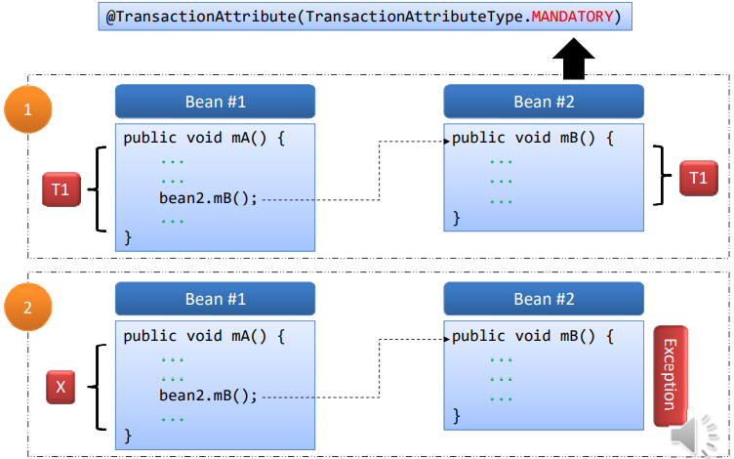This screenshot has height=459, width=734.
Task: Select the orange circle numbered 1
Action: tap(27, 110)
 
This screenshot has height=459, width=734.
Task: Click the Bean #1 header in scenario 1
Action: tap(215, 102)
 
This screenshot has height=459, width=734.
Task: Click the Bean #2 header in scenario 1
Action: tap(544, 102)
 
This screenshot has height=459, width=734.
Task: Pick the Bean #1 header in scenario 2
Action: tap(215, 299)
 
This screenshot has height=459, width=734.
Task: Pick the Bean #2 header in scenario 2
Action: tap(544, 299)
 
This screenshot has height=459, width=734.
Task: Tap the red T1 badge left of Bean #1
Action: tap(61, 189)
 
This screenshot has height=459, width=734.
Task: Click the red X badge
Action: tap(61, 388)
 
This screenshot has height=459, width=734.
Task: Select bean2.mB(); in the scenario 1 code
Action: tap(208, 198)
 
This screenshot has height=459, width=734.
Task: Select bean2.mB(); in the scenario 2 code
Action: tap(208, 396)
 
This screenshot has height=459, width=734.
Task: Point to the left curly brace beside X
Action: tap(97, 388)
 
